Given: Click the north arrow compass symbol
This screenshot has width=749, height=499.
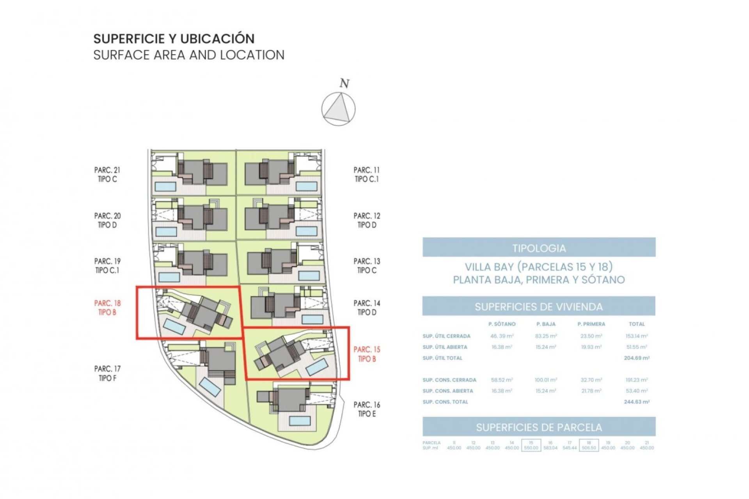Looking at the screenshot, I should pos(338,109).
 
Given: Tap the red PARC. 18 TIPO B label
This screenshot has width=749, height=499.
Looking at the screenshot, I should pos(107,308).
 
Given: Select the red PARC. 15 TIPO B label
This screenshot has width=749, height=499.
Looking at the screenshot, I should pos(367,354).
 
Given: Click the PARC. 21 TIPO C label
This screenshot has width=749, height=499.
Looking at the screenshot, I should pos(107,174).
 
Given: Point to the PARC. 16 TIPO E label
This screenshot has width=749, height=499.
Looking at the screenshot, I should pos(367,409).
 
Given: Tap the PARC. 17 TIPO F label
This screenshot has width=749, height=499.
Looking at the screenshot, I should pos(107,373).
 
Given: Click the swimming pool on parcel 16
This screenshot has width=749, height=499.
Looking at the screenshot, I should pos(300,421).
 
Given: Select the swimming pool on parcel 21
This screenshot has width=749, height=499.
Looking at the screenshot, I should pos(165,186).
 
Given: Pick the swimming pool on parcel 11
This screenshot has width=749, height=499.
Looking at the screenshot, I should pos(306,186).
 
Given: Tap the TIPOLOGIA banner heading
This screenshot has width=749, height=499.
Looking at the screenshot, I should pos(539,248).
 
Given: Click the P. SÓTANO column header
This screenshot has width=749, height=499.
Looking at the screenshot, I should pos(502,324).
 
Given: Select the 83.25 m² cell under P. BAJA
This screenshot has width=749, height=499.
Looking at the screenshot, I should pos(546,336).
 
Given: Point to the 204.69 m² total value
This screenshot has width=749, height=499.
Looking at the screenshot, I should pos(636,358).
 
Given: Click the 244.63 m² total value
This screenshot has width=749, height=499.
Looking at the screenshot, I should pos(636,402).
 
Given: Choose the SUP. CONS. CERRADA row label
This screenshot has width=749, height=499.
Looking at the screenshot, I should pos(449,380).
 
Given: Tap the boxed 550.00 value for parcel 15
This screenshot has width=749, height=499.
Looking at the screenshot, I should pos(531,448).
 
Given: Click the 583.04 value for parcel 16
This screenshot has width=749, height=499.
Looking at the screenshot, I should pos(550,448).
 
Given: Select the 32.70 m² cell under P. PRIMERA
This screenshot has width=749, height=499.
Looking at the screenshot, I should pos(591,380).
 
